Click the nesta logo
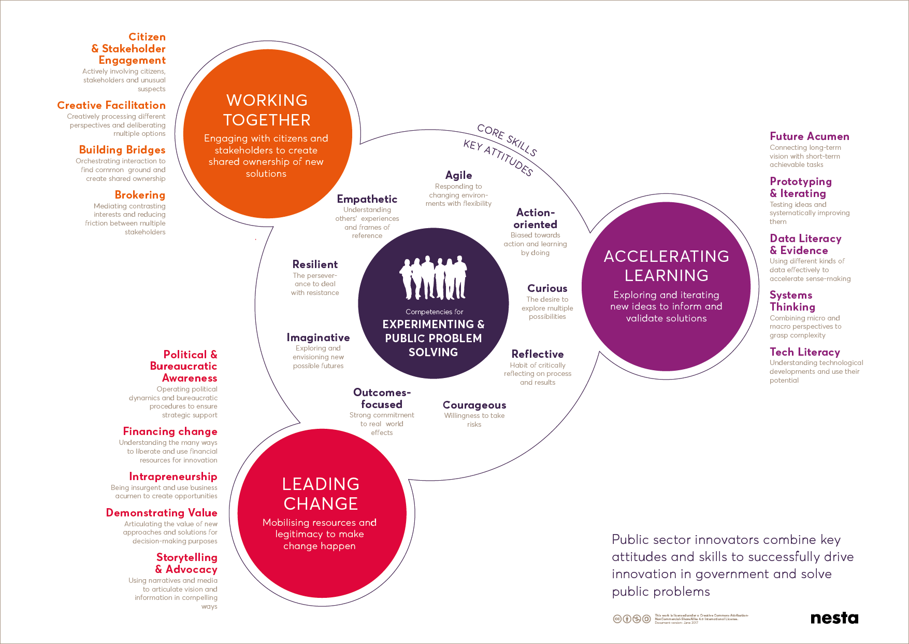tap(834, 618)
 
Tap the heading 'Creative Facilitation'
tap(111, 105)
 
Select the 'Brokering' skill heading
tap(140, 195)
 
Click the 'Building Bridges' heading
tap(122, 150)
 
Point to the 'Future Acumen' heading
tap(809, 136)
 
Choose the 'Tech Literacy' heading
tap(804, 352)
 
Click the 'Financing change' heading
tap(170, 431)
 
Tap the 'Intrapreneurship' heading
tap(173, 477)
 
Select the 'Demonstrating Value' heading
tap(162, 513)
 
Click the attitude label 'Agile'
tap(458, 175)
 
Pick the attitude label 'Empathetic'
tap(367, 199)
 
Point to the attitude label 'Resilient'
tap(315, 264)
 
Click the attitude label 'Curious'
tap(547, 288)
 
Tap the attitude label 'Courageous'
tap(474, 405)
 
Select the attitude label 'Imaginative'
tap(318, 338)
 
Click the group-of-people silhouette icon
tap(433, 277)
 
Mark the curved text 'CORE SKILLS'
tap(507, 139)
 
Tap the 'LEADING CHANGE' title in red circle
tap(321, 494)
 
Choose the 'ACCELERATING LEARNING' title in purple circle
tap(666, 265)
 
